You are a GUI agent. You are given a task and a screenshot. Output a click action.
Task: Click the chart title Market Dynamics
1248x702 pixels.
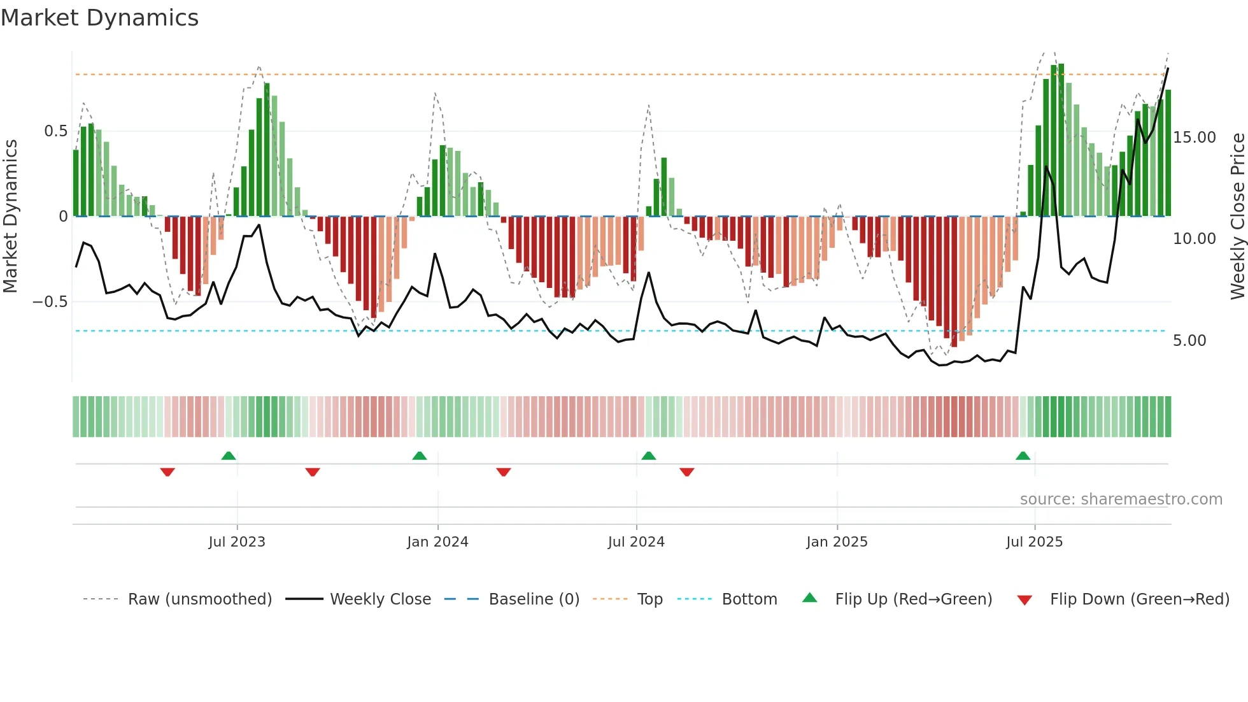99,18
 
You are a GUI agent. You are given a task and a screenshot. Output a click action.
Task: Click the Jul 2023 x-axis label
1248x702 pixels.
236,542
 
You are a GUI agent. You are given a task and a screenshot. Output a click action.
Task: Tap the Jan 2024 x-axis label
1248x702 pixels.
437,542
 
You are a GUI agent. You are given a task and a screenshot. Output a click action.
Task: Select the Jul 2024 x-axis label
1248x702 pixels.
636,542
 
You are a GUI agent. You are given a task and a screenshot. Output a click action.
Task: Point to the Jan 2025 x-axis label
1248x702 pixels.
837,542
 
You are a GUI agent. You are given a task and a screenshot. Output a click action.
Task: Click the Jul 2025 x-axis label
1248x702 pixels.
1034,542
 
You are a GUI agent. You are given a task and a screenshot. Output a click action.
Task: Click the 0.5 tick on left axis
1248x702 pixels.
55,131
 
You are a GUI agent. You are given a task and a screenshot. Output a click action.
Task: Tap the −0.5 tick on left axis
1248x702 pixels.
50,302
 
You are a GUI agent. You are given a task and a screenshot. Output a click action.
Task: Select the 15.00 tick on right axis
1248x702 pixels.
1194,138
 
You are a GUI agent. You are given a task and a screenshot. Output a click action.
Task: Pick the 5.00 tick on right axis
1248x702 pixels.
1189,341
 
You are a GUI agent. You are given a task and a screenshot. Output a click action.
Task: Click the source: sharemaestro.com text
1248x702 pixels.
1121,499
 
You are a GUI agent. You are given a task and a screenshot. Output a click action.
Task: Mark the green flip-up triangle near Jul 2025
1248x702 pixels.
1023,455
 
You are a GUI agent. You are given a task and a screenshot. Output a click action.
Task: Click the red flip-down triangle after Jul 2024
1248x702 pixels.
686,472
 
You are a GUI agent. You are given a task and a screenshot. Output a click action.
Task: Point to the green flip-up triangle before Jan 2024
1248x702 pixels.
419,455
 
